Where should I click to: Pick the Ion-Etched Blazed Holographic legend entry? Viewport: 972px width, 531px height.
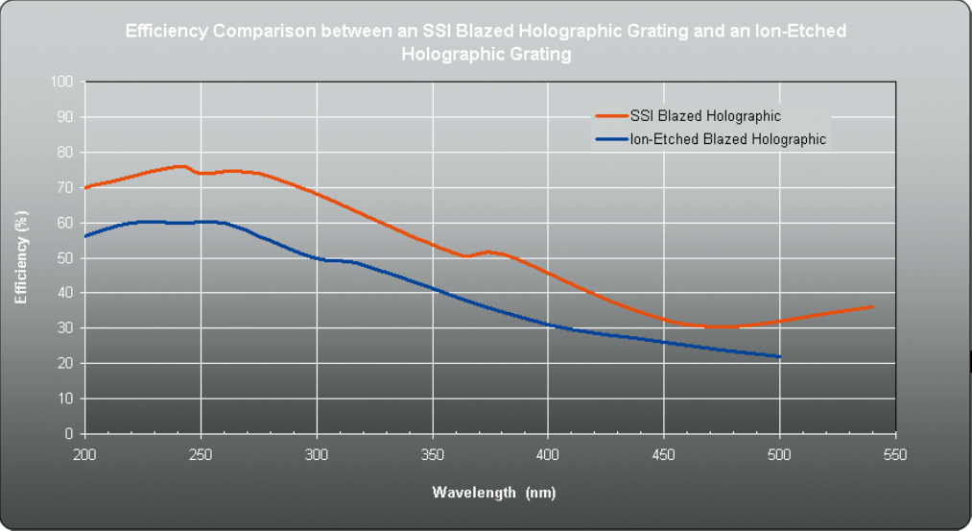click(727, 139)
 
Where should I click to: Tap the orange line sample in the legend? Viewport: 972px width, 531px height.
click(610, 116)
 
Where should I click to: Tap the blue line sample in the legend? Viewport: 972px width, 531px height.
click(610, 139)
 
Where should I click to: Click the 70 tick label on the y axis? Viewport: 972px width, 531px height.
click(66, 187)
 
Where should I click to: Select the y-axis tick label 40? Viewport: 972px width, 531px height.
click(66, 293)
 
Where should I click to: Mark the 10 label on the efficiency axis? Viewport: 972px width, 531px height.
click(66, 398)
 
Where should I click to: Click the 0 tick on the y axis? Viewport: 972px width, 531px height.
click(70, 434)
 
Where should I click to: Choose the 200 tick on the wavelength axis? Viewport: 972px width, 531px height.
click(85, 452)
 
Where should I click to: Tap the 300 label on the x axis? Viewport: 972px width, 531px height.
click(317, 452)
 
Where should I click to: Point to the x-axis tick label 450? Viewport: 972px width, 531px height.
click(664, 452)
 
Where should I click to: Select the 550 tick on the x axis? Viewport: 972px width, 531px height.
click(895, 452)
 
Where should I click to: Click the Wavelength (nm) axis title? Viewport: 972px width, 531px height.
click(493, 493)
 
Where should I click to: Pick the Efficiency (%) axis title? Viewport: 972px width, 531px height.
click(21, 258)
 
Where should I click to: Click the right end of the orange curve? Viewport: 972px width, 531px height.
click(872, 306)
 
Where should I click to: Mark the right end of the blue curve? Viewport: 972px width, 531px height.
click(780, 357)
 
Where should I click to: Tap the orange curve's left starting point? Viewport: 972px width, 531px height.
click(85, 187)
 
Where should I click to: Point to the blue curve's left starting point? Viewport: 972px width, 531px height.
click(85, 236)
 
